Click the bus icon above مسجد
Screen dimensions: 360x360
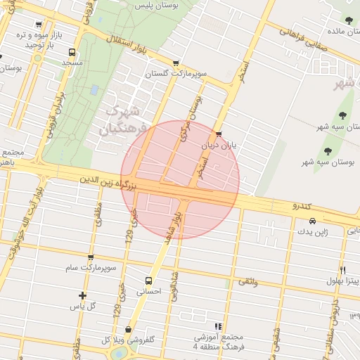[x=72, y=53]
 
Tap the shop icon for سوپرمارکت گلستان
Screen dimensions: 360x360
[x=175, y=63]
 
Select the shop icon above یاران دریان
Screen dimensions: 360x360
[x=219, y=134]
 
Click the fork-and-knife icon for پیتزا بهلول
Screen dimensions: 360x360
[x=342, y=269]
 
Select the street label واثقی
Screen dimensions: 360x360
[x=247, y=281]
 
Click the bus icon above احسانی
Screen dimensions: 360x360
[x=148, y=281]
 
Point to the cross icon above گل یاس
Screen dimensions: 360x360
[x=83, y=295]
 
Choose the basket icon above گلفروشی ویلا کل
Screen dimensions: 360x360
[x=128, y=329]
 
